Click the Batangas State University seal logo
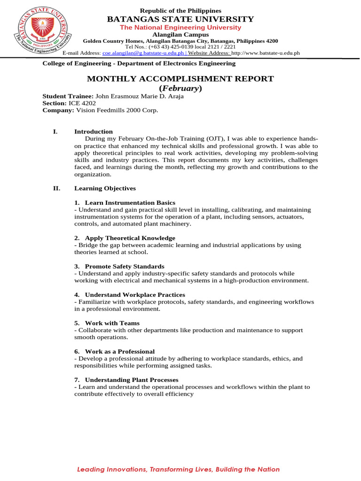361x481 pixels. tap(44, 31)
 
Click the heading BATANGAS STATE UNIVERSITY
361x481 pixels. tap(180, 19)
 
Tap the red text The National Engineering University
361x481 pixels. tap(180, 28)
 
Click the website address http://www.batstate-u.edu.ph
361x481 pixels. tap(266, 54)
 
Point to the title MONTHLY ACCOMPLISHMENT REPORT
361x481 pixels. tap(180, 79)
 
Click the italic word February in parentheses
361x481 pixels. tap(180, 88)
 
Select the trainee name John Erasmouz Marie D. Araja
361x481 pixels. tap(140, 96)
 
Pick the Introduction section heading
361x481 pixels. tap(94, 132)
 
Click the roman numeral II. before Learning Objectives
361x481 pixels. tap(56, 188)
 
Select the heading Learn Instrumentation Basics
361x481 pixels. tap(123, 202)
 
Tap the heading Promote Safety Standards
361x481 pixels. tap(125, 266)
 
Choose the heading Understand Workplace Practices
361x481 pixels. tap(135, 295)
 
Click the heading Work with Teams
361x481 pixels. tap(112, 323)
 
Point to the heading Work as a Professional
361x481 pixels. tap(119, 351)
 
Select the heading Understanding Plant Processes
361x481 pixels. tap(132, 380)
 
